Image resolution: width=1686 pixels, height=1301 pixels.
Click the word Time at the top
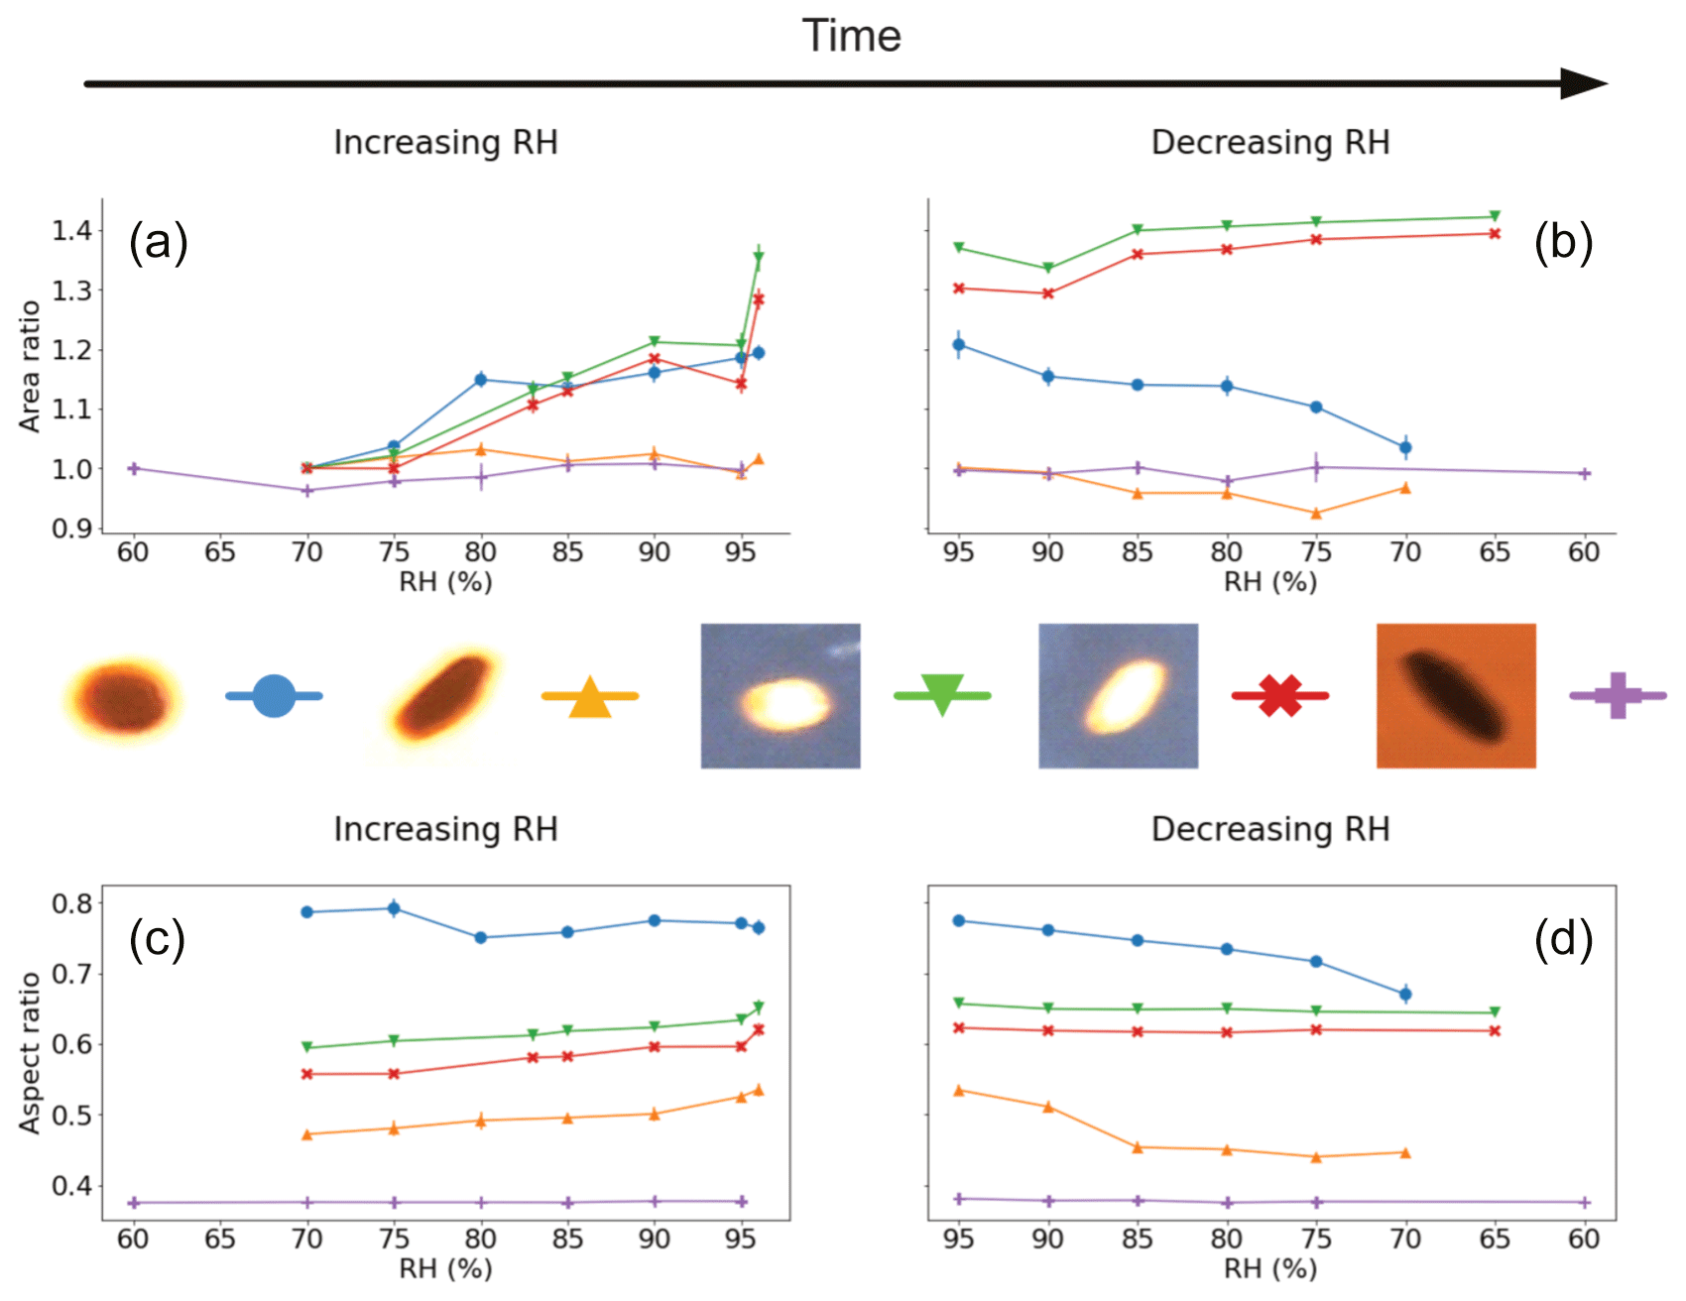click(851, 37)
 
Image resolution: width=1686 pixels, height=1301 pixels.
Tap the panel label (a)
click(159, 242)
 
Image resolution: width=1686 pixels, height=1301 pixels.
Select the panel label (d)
click(1563, 938)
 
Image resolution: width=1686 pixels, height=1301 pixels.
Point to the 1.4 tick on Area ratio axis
click(71, 231)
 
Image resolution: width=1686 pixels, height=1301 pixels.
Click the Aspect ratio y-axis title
click(30, 1052)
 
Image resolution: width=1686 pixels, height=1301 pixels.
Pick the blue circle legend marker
click(274, 696)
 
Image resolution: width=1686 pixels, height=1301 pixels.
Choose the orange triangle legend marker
click(590, 697)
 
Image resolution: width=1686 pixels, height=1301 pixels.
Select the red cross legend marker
click(1280, 696)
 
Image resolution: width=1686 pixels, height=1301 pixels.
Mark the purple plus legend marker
click(1618, 695)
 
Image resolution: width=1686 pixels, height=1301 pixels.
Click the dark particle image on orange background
click(1456, 696)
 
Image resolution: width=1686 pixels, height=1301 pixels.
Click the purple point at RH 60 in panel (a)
click(134, 468)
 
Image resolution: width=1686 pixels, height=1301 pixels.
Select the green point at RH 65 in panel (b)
click(1495, 216)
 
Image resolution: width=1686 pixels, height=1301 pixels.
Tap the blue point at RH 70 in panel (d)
click(1405, 994)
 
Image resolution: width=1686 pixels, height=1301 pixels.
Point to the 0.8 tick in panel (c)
click(71, 903)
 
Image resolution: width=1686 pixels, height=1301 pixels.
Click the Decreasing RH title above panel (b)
click(1270, 143)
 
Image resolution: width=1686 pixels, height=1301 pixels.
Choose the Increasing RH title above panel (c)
click(445, 829)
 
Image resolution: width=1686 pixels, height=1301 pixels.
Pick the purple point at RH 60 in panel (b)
click(1584, 474)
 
